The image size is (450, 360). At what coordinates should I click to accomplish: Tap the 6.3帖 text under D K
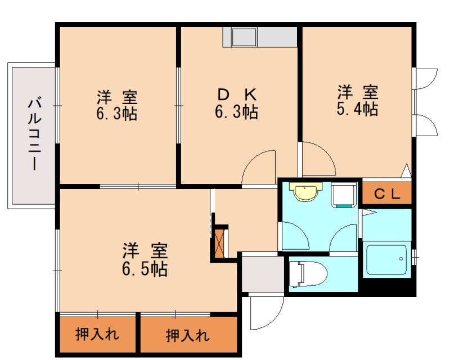236,112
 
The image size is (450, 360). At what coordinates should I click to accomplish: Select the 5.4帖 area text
357,109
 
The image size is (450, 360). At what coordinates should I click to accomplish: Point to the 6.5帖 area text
145,269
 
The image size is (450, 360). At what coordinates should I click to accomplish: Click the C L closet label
387,195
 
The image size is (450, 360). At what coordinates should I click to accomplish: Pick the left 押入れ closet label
97,336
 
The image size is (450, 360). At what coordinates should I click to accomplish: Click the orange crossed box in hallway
220,242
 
